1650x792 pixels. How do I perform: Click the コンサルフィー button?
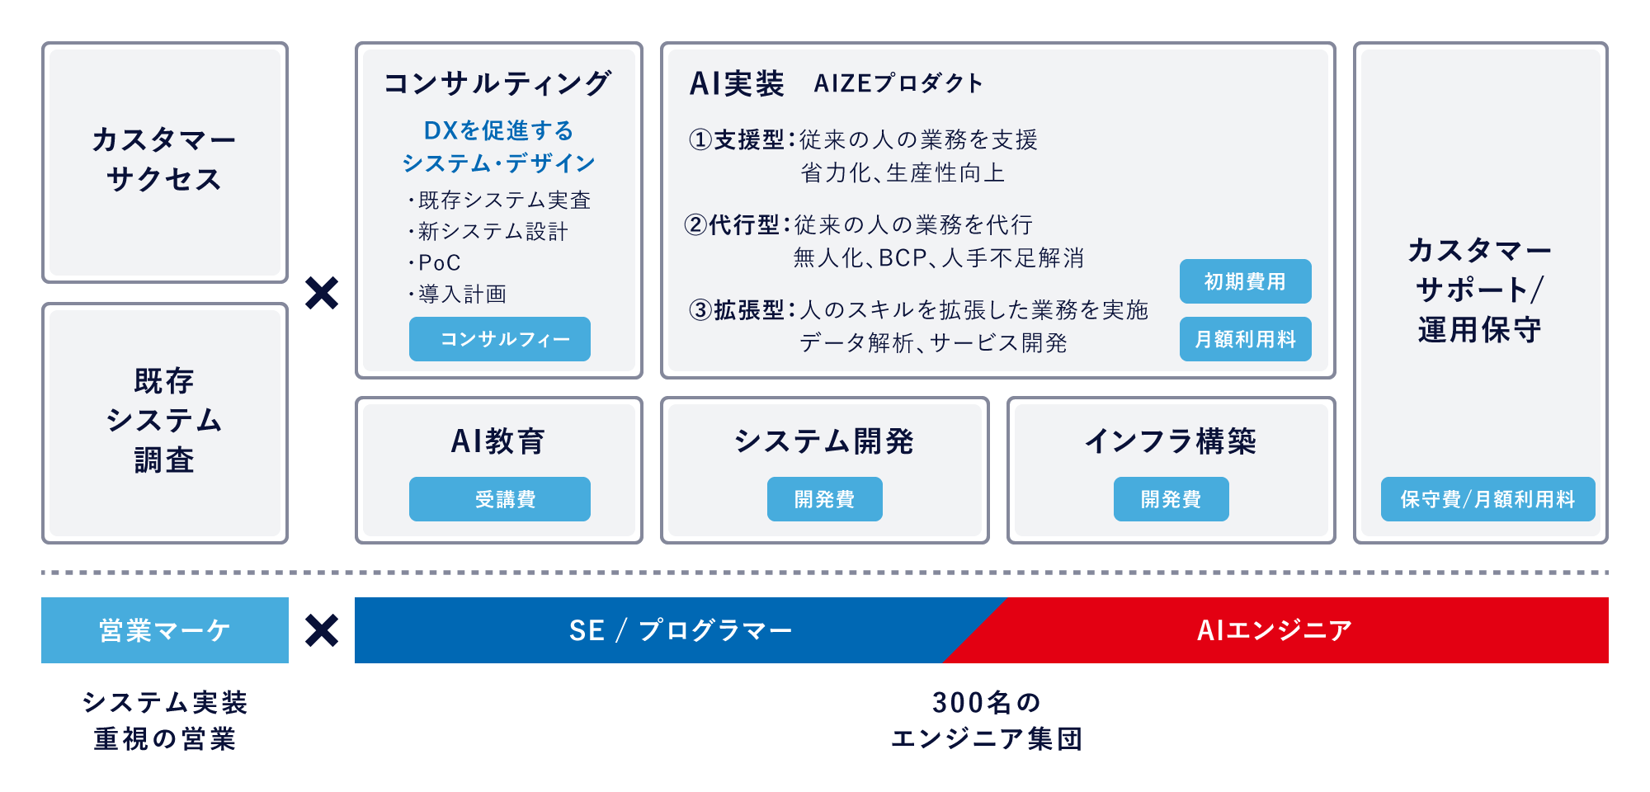coord(500,339)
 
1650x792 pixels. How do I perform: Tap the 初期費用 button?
coord(1245,281)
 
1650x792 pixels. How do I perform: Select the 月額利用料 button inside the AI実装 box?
coord(1245,339)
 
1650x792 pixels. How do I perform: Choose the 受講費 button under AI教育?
coord(500,499)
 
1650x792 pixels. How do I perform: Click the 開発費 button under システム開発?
coord(825,499)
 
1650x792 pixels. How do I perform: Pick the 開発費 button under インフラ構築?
coord(1171,499)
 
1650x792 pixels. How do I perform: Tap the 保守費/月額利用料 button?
coord(1487,499)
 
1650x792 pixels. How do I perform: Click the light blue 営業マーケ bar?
coord(165,630)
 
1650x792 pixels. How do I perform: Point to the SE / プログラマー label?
coord(681,630)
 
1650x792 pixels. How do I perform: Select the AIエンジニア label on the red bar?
coord(1275,630)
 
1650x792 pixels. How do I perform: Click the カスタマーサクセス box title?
coord(164,159)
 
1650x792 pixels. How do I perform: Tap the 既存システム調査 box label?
coord(164,421)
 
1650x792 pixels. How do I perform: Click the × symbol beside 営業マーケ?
coord(322,630)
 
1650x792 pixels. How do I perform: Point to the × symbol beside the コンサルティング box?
coord(322,293)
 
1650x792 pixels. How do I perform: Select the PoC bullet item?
coord(435,262)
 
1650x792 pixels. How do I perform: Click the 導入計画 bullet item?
coord(458,294)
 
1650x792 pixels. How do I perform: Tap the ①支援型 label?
coord(737,139)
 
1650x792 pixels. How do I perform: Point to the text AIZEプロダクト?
coord(898,83)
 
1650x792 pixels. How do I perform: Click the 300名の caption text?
coord(987,702)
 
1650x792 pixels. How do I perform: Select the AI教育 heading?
coord(498,441)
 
